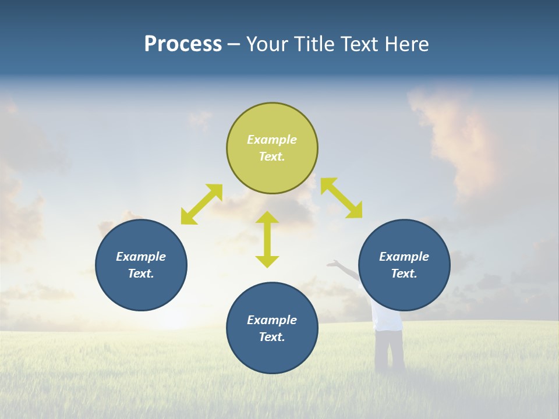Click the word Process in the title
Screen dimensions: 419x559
point(183,44)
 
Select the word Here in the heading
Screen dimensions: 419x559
point(407,44)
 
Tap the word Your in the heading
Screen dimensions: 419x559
point(267,44)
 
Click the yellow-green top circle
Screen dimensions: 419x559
point(272,175)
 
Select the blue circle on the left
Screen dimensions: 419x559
point(141,291)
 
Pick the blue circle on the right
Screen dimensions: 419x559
point(404,291)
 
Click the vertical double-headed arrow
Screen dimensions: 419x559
point(267,239)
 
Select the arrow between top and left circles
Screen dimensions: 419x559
point(201,204)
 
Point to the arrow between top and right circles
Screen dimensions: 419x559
point(341,198)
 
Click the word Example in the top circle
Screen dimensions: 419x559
point(272,140)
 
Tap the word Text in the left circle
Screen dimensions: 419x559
point(141,274)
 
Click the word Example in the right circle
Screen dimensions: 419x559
point(404,257)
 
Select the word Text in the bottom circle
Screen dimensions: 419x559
point(272,337)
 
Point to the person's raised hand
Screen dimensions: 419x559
point(332,264)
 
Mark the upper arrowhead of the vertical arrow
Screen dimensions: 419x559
point(267,218)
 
